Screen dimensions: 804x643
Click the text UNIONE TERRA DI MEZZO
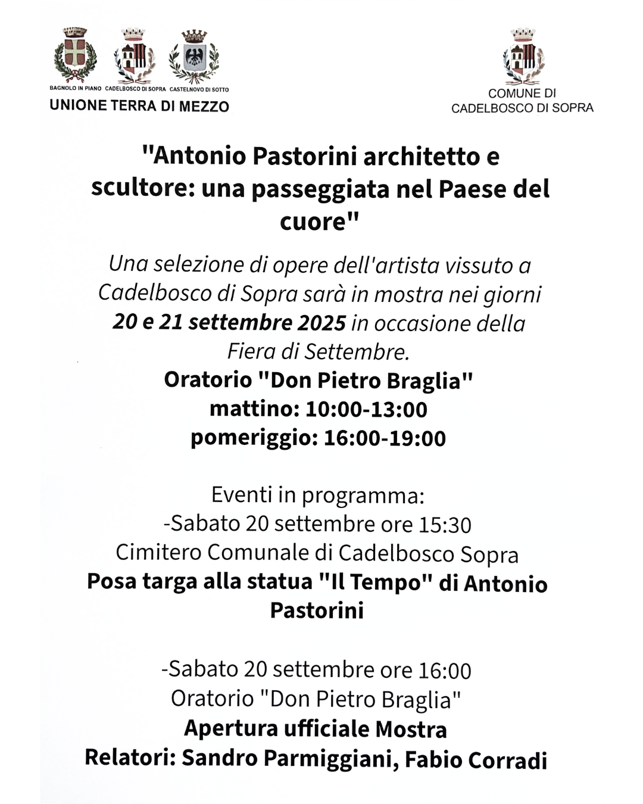[x=139, y=106]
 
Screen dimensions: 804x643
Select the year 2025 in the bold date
[x=321, y=323]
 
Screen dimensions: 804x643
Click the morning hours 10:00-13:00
[x=366, y=410]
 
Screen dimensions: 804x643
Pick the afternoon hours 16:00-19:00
[x=385, y=438]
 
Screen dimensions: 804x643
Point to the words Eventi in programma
[x=317, y=495]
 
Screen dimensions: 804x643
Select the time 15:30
[x=445, y=525]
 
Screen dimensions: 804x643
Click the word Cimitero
[x=158, y=553]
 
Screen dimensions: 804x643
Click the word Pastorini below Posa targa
[x=317, y=610]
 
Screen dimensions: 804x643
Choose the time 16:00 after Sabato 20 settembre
[x=445, y=671]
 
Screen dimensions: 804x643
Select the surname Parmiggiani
[x=332, y=759]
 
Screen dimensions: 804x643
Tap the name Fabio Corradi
[x=476, y=760]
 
